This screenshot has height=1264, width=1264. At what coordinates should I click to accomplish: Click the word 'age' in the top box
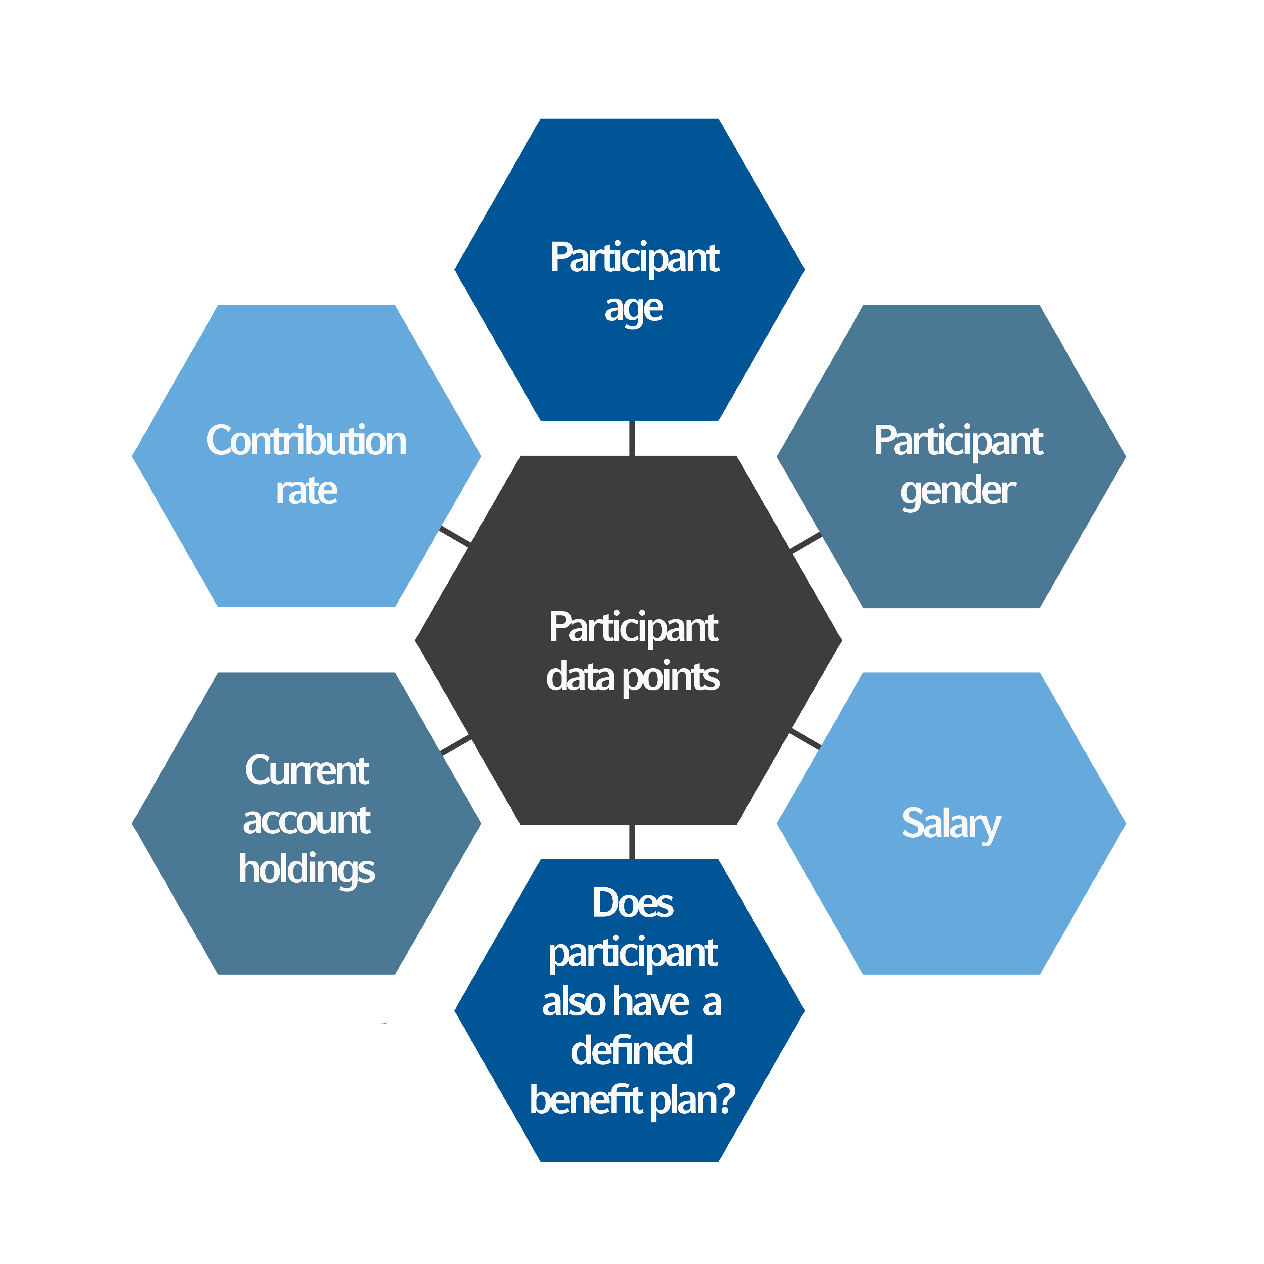pyautogui.click(x=633, y=309)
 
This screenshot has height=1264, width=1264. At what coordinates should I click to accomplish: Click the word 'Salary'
pyautogui.click(x=951, y=824)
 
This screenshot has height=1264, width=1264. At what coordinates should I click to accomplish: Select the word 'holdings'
pyautogui.click(x=306, y=870)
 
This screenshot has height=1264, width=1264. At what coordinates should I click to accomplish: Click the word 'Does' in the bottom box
pyautogui.click(x=633, y=904)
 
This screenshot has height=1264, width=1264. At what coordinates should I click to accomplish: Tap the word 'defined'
pyautogui.click(x=632, y=1051)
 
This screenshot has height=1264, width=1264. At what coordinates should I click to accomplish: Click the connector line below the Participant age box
pyautogui.click(x=632, y=437)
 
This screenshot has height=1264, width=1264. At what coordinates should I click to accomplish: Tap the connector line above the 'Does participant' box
pyautogui.click(x=632, y=844)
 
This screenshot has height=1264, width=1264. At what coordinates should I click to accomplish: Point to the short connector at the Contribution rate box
pyautogui.click(x=455, y=535)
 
